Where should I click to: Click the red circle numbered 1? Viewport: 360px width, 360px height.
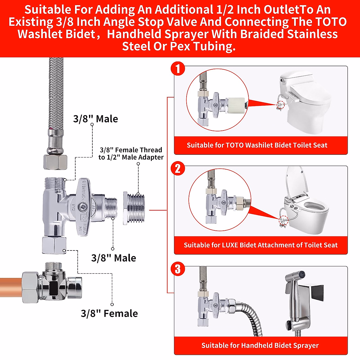pyautogui.click(x=178, y=68)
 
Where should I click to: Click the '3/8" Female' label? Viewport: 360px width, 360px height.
pyautogui.click(x=109, y=313)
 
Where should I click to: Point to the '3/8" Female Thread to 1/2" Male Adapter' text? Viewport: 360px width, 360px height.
pyautogui.click(x=131, y=154)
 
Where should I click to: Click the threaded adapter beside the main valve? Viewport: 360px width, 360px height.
pyautogui.click(x=134, y=208)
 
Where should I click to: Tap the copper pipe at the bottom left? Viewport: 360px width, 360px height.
pyautogui.click(x=10, y=287)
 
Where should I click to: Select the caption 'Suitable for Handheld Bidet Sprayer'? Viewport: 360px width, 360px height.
pyautogui.click(x=260, y=346)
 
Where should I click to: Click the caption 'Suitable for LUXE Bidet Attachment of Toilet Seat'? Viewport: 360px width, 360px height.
pyautogui.click(x=260, y=245)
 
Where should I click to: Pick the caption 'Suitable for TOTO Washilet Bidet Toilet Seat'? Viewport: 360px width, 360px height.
pyautogui.click(x=257, y=145)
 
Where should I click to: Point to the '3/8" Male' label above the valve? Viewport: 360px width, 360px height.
pyautogui.click(x=95, y=119)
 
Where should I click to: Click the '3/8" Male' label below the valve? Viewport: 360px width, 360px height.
pyautogui.click(x=113, y=258)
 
